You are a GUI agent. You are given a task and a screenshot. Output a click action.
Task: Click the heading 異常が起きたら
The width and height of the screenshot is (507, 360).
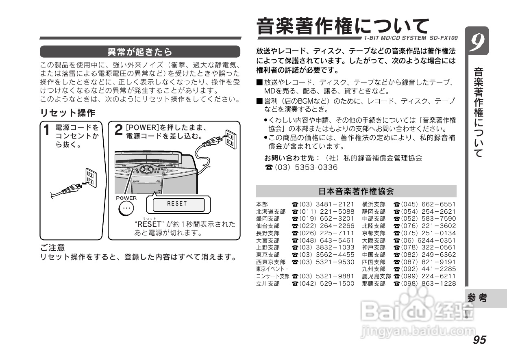pos(140,52)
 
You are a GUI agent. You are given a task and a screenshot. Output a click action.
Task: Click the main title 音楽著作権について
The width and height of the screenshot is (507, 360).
pos(342,26)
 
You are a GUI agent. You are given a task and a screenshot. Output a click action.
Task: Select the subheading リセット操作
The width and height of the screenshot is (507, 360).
pos(67,113)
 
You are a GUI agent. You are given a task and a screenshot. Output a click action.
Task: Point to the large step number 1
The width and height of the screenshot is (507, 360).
pos(47,130)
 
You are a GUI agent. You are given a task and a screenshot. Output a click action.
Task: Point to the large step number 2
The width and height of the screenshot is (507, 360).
pos(118,130)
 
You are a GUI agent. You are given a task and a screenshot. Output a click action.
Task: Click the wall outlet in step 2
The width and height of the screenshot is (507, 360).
pos(230,139)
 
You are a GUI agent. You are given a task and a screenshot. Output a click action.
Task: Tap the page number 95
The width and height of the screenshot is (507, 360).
pos(479,340)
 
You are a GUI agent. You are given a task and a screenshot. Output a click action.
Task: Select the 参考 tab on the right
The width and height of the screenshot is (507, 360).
pos(477,298)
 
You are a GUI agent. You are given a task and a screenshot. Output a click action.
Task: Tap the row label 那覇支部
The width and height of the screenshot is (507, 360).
pos(373,284)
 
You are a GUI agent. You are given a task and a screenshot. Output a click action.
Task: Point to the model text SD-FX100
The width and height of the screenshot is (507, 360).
pos(443,38)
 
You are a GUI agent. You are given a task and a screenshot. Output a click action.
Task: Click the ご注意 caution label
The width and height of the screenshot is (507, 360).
pos(52,247)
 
